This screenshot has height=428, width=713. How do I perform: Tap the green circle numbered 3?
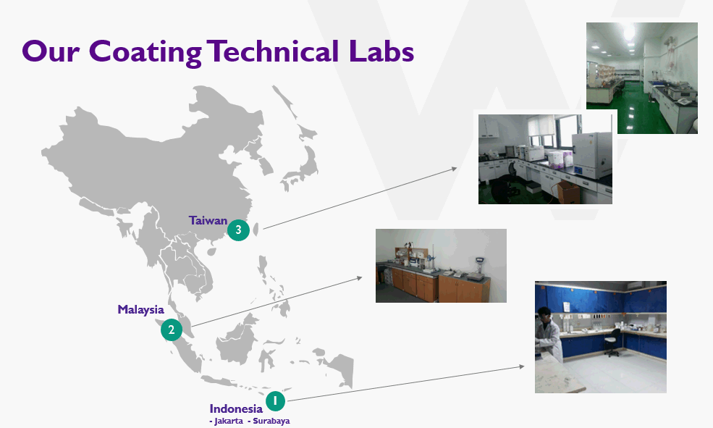[238, 230]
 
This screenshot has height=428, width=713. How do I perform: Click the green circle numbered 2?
[172, 330]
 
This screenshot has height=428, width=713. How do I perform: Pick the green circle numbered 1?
[275, 401]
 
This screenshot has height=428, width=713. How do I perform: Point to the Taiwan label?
[208, 221]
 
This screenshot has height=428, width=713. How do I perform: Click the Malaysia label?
[140, 310]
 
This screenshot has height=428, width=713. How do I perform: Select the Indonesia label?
[236, 408]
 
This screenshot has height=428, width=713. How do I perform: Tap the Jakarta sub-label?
[226, 421]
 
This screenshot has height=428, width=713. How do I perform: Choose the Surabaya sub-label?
[269, 421]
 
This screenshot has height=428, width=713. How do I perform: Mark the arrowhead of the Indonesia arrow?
[522, 366]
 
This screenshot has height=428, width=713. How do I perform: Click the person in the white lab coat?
[548, 335]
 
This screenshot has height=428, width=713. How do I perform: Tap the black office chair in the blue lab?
[613, 343]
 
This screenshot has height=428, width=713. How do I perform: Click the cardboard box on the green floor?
[568, 192]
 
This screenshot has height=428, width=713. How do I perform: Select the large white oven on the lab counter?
[591, 156]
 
